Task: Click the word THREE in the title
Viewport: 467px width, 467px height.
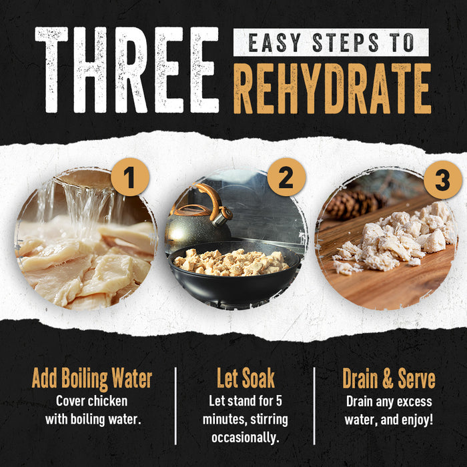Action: point(127,70)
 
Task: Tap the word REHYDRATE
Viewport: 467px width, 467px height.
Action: point(332,89)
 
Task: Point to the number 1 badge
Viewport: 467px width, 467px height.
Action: point(130,177)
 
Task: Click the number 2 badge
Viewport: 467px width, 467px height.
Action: point(286,177)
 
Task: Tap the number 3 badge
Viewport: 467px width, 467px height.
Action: point(443,179)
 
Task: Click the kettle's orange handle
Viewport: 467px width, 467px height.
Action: point(211,199)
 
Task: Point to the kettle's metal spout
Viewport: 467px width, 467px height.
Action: point(223,216)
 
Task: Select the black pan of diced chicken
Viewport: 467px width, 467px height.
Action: point(233,272)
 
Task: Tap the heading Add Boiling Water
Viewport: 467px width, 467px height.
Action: point(92,378)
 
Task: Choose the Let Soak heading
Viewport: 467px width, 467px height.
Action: point(246,378)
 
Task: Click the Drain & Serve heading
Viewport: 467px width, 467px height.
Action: point(389,378)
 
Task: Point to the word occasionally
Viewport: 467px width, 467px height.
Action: point(246,438)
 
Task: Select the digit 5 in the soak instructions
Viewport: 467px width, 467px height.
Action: point(279,401)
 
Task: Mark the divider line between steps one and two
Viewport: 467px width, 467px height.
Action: point(175,406)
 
